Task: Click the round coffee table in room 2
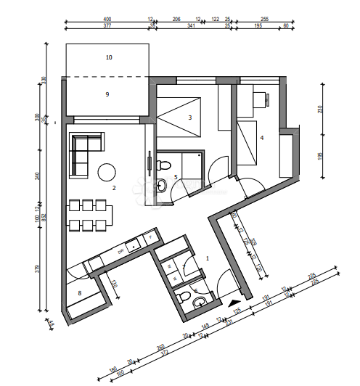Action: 107,172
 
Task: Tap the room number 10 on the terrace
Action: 109,56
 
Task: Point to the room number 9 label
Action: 107,94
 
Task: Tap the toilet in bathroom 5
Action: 162,186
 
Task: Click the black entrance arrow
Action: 233,305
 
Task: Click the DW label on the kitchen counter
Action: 121,250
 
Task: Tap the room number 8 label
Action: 80,293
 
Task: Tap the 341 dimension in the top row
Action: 191,26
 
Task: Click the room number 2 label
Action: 114,188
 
